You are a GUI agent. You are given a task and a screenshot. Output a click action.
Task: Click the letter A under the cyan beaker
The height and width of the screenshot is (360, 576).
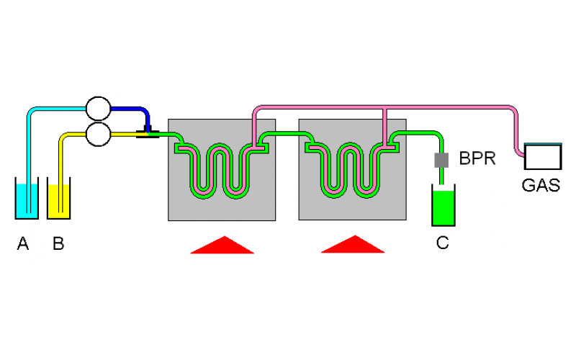[23, 244]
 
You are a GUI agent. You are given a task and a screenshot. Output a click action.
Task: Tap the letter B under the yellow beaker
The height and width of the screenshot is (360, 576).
[58, 244]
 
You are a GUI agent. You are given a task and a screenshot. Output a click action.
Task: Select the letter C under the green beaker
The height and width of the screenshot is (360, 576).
[442, 243]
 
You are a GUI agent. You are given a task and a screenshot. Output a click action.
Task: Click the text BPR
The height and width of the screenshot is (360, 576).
[477, 159]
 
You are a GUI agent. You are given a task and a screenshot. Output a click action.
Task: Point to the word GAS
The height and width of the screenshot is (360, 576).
[541, 185]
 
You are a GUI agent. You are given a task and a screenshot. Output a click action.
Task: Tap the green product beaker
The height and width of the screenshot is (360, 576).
[443, 207]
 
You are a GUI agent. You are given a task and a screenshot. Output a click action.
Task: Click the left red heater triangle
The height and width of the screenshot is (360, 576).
[222, 246]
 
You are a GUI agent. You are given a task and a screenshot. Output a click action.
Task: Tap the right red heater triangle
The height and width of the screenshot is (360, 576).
[353, 246]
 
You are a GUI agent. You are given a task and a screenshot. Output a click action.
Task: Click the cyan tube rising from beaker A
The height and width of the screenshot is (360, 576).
[29, 144]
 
